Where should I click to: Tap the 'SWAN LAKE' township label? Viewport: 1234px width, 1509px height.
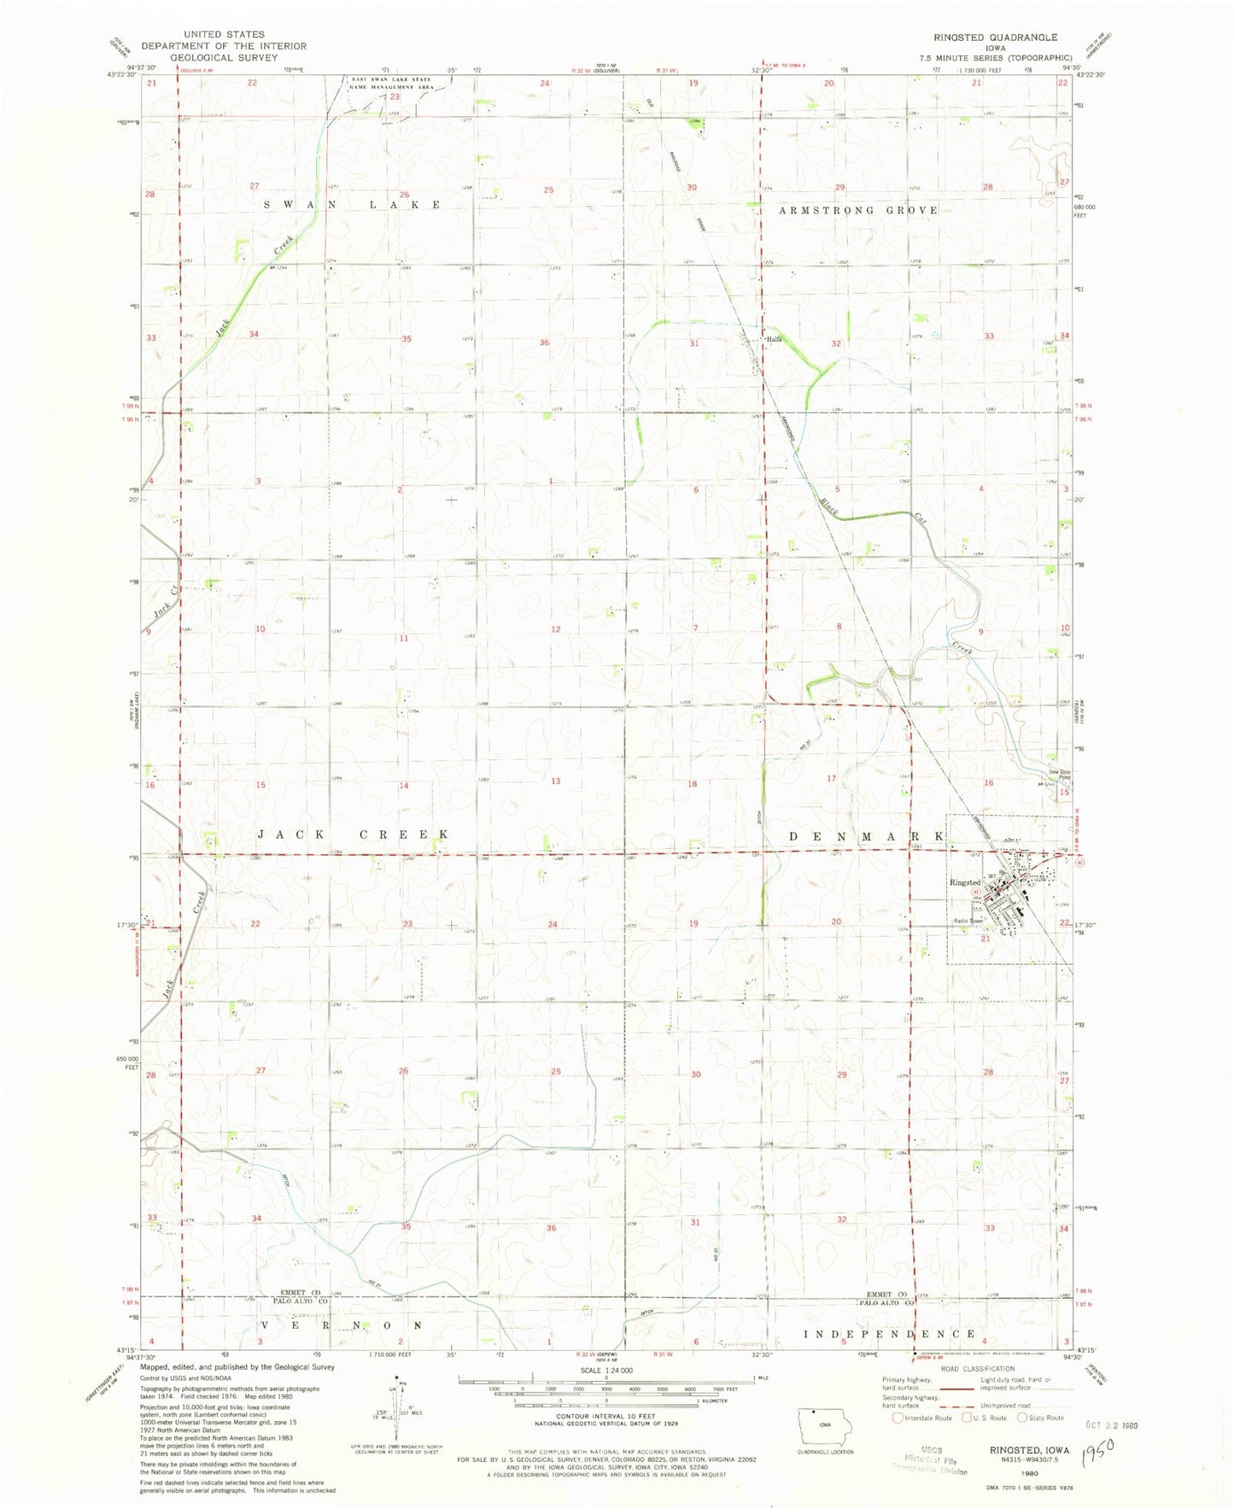[352, 205]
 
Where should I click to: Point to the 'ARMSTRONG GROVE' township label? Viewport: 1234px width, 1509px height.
[858, 210]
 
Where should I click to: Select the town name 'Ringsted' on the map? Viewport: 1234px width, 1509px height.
[965, 882]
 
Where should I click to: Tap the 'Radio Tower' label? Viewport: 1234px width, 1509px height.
[969, 921]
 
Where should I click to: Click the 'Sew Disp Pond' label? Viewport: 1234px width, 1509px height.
[1059, 775]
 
